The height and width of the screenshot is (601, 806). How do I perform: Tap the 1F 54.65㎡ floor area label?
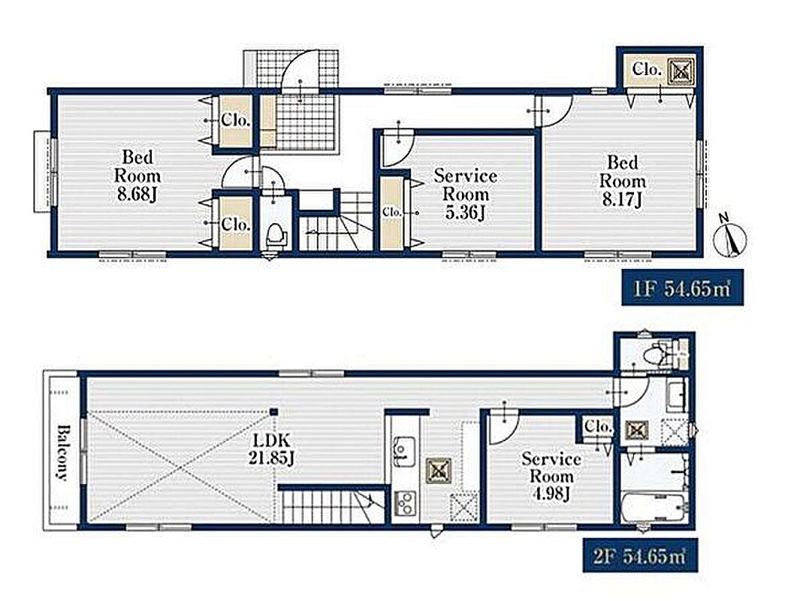[682, 288]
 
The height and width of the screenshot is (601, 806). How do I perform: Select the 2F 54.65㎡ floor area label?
[640, 555]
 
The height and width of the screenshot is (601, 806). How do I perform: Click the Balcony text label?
[62, 452]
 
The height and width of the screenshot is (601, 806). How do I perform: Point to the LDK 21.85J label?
[271, 448]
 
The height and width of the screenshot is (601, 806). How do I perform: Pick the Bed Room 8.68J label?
[137, 175]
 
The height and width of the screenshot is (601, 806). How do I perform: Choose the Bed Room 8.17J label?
[623, 181]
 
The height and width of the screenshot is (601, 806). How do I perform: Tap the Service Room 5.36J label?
[466, 194]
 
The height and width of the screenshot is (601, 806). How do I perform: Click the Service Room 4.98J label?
[551, 476]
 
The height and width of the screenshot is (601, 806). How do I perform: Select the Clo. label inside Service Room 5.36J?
[391, 212]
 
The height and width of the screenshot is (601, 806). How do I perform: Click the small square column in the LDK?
[274, 412]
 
